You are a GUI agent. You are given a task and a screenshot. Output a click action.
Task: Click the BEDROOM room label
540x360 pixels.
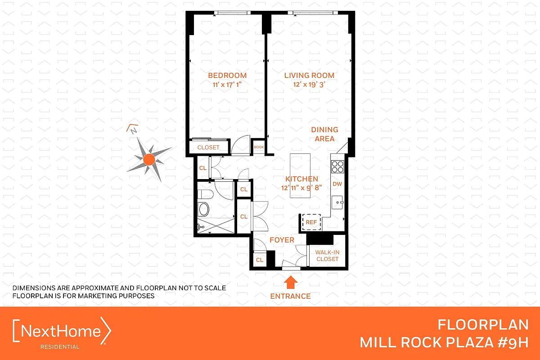click(x=227, y=75)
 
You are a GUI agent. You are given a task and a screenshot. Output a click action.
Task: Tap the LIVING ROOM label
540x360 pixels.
click(x=309, y=75)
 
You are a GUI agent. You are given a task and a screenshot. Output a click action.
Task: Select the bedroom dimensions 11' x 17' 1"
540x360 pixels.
click(x=227, y=84)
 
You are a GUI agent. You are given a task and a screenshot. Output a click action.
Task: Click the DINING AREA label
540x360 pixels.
click(x=324, y=134)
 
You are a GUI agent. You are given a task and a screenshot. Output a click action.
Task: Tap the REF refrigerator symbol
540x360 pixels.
click(x=311, y=222)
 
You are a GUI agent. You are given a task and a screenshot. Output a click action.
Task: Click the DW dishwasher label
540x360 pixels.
click(x=337, y=184)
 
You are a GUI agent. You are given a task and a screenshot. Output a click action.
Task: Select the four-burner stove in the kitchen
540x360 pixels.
click(x=337, y=167)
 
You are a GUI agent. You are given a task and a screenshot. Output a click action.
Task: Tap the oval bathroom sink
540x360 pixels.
click(x=204, y=210)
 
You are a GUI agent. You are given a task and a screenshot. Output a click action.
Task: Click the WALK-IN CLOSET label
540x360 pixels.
click(x=327, y=256)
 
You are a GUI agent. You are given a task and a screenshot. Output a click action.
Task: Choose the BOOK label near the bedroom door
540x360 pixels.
click(x=259, y=147)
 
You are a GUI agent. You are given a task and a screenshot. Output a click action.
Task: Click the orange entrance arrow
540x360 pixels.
click(x=290, y=282)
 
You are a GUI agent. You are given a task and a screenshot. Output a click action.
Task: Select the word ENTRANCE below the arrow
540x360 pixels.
click(x=290, y=296)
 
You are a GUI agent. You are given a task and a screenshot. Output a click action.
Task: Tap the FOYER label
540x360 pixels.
click(x=282, y=240)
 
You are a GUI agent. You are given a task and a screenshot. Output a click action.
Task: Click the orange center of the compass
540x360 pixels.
click(x=149, y=159)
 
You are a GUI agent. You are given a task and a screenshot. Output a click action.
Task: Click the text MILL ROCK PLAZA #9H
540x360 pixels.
click(x=443, y=342)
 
